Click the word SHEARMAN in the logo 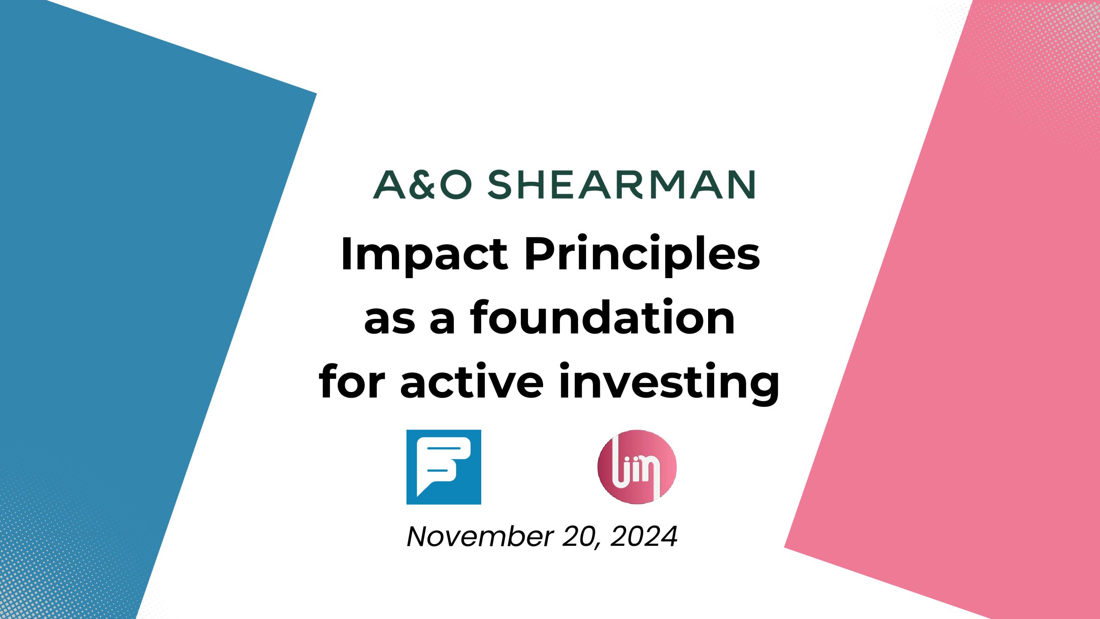621,185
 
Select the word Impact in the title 424,255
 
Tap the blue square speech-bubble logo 444,467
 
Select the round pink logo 637,467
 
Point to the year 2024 644,537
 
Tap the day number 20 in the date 578,537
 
